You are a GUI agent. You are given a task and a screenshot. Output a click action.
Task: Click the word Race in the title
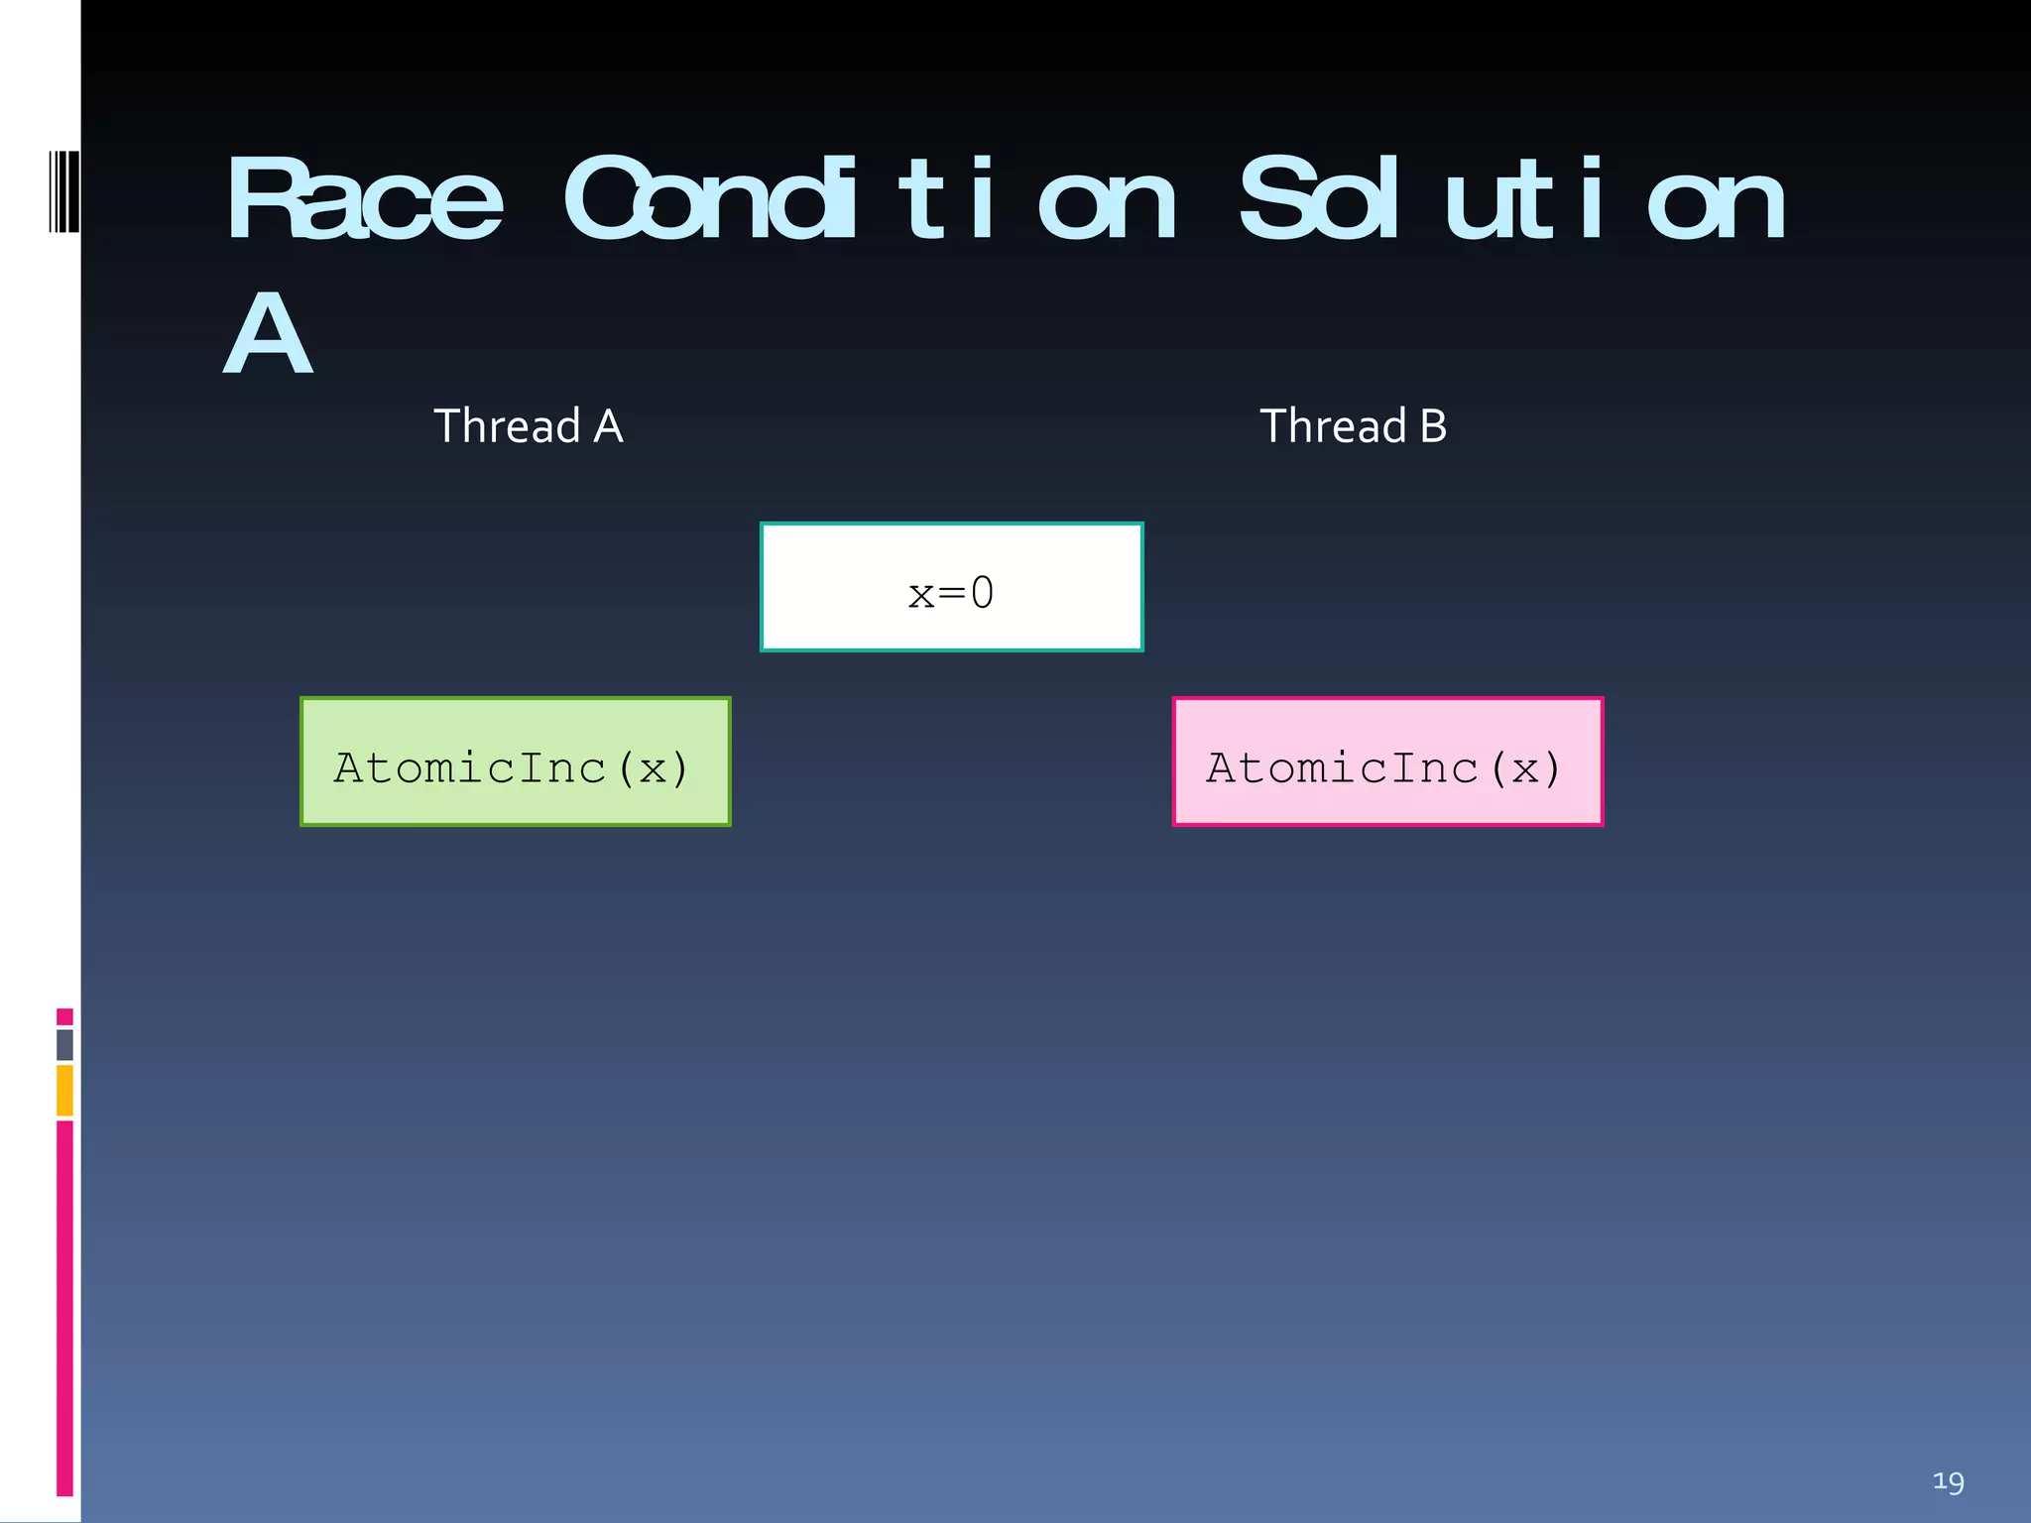[364, 201]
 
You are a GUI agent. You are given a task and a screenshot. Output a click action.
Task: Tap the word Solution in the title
[1511, 201]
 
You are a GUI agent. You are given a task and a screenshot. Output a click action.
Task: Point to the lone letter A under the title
[268, 334]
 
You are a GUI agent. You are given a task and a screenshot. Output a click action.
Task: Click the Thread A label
[528, 426]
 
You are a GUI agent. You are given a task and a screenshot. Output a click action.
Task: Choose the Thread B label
[1353, 426]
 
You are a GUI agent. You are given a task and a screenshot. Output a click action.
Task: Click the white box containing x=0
[951, 587]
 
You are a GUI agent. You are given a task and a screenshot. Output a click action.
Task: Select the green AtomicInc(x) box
[515, 761]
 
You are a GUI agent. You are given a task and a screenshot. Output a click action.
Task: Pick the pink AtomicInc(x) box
[1387, 761]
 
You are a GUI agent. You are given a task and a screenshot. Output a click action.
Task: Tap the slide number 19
[1948, 1482]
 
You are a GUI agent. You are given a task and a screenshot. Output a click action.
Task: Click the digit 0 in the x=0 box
[982, 593]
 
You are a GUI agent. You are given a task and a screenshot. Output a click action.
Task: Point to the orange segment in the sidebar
[64, 1090]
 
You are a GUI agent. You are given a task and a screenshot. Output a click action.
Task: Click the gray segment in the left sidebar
[64, 1044]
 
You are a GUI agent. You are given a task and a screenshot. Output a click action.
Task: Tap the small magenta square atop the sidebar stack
[64, 1016]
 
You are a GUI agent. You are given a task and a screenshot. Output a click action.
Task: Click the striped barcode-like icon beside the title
[63, 191]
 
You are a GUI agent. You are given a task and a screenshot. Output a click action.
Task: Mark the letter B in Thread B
[1433, 426]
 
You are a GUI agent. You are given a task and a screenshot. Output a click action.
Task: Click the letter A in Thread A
[608, 426]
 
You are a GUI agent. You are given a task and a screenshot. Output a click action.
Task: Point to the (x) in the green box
[653, 768]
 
